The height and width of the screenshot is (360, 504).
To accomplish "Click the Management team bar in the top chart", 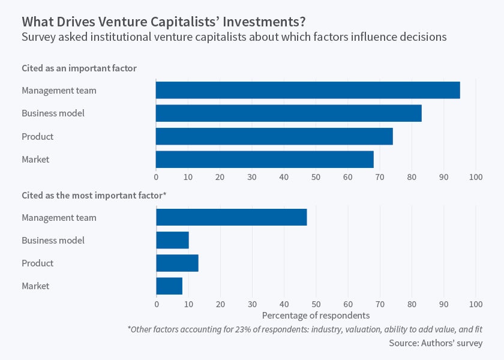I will click(x=308, y=91).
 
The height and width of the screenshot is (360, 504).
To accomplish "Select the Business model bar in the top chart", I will click(x=289, y=113).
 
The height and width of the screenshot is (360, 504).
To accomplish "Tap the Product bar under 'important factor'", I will click(x=274, y=136).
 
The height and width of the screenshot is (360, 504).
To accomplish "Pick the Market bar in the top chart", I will click(x=265, y=160).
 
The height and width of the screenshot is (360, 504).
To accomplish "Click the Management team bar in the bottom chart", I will click(x=232, y=217).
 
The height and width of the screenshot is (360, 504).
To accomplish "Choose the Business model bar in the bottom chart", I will click(x=173, y=240).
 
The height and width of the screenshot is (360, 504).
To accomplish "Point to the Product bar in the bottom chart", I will click(x=178, y=263).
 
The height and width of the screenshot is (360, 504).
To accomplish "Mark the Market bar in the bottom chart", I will click(x=169, y=286).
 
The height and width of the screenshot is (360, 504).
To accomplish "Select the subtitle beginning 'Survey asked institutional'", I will click(x=234, y=37).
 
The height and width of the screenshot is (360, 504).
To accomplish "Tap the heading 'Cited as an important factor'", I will click(x=79, y=68).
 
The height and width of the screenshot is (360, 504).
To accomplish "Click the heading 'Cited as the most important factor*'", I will click(x=94, y=196).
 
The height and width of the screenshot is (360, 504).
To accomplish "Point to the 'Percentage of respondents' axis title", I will click(x=316, y=315).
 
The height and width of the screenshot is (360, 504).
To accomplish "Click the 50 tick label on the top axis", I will click(x=316, y=177).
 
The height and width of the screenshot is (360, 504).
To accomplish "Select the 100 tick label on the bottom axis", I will click(x=476, y=304).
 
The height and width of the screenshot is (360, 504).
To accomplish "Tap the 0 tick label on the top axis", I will click(x=156, y=177).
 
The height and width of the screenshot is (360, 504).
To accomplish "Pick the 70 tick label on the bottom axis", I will click(x=380, y=304).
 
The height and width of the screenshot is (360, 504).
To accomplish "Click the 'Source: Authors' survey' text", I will click(x=436, y=343).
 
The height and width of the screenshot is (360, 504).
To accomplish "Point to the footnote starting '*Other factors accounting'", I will click(x=305, y=329).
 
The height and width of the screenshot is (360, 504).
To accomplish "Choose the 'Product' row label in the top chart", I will click(x=38, y=137).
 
